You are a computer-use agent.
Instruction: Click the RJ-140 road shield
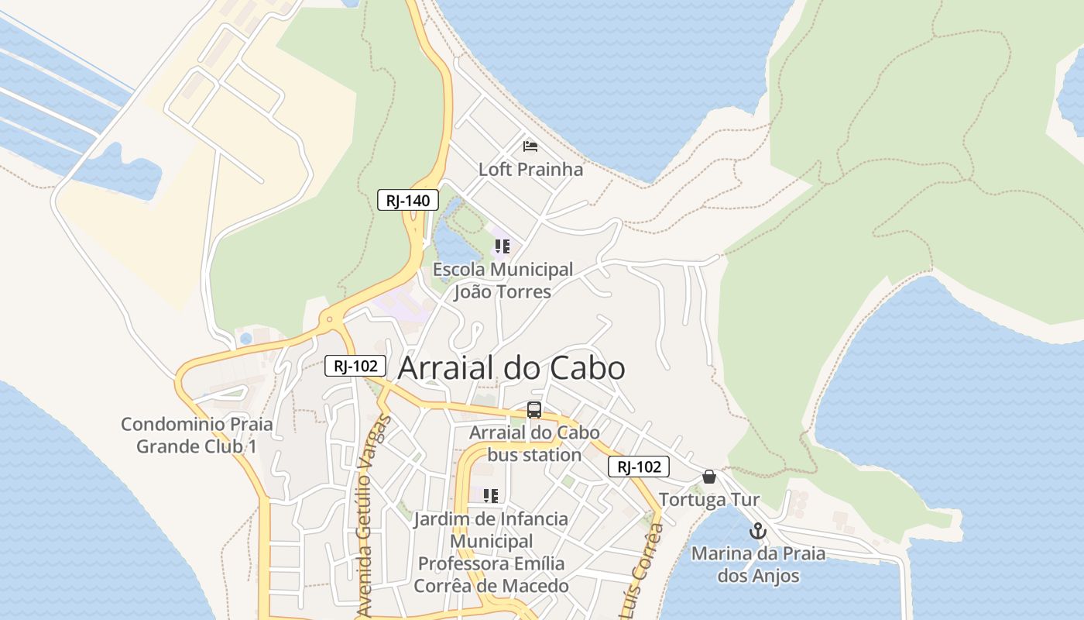[x=408, y=200]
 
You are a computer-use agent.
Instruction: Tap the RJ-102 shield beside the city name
[x=355, y=366]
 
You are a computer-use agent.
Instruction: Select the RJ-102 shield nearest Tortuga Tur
[x=639, y=467]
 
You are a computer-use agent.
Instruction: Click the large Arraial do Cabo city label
[x=511, y=368]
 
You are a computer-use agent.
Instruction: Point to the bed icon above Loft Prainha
[x=530, y=146]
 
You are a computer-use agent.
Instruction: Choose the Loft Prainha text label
[x=530, y=169]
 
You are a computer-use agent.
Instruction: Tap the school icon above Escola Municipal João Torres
[x=502, y=246]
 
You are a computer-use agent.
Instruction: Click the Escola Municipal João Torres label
[x=503, y=281]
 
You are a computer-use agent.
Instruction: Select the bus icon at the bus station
[x=534, y=410]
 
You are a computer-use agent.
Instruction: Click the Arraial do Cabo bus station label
[x=534, y=443]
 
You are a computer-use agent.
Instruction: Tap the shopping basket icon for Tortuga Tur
[x=709, y=477]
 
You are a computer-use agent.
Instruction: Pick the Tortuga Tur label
[x=709, y=500]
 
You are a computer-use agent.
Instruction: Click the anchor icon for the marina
[x=758, y=531]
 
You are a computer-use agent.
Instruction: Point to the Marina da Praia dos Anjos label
[x=758, y=565]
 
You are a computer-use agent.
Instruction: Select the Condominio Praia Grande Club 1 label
[x=197, y=436]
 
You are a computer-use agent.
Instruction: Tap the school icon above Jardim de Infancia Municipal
[x=491, y=495]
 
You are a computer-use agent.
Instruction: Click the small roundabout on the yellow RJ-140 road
[x=330, y=319]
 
